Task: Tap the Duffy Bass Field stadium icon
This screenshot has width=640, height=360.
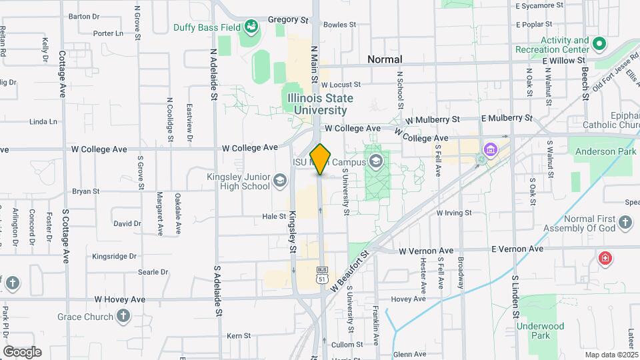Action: click(251, 27)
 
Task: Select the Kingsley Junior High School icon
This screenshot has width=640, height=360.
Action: click(279, 181)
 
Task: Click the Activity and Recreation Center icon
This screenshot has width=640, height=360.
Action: click(599, 45)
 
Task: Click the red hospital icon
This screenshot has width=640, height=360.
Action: click(605, 258)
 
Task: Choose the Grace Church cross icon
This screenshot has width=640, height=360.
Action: click(123, 315)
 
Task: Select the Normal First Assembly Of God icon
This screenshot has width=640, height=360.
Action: click(625, 223)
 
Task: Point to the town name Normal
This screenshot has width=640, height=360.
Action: click(385, 59)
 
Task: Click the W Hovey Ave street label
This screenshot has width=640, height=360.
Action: click(120, 299)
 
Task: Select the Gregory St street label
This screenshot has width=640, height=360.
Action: click(289, 20)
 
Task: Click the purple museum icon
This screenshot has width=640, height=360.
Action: click(491, 149)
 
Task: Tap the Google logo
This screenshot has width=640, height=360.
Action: click(22, 351)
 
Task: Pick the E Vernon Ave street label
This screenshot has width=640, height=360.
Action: click(517, 249)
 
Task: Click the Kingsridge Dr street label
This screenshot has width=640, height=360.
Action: click(114, 256)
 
